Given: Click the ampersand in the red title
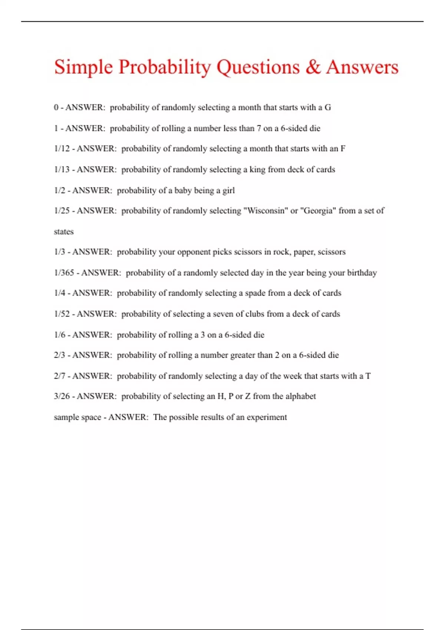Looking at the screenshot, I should [313, 67].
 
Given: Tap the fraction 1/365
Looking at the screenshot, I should [64, 273].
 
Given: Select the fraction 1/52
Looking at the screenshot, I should [62, 314].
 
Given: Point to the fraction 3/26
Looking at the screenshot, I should [62, 396].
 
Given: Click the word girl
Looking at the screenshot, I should [228, 190].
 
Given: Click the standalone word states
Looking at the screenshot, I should [64, 232].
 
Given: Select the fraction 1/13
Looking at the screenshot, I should [62, 170].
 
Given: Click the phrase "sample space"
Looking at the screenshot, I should [77, 417].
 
